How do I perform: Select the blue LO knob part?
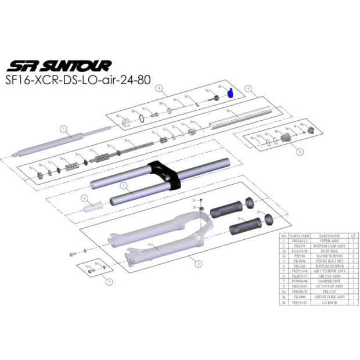[229, 92]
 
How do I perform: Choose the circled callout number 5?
[247, 89]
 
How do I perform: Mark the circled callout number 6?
[300, 152]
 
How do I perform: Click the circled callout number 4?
[84, 197]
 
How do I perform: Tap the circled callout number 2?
[199, 264]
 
